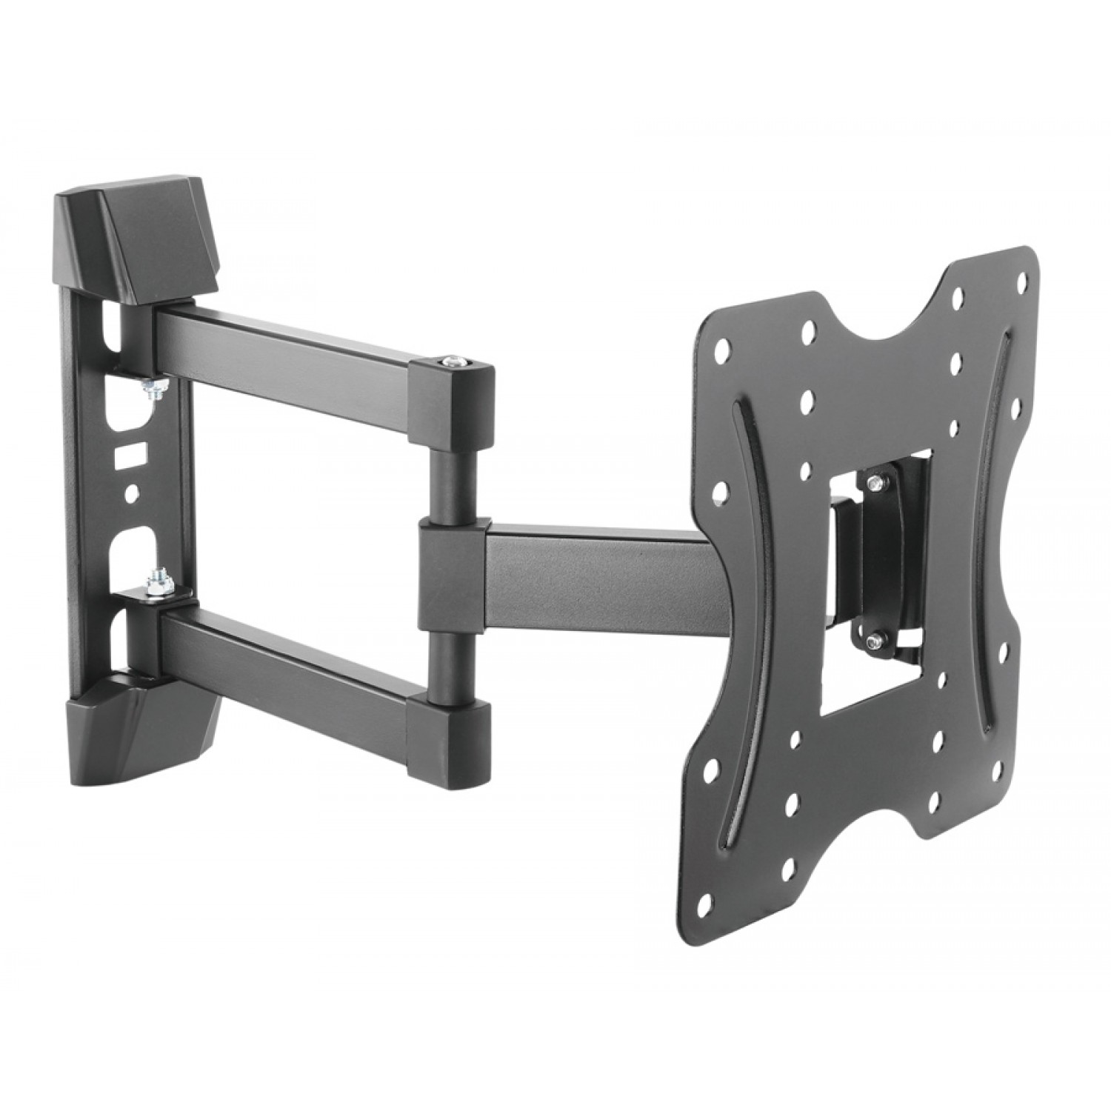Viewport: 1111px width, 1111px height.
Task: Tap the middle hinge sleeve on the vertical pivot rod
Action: pos(450,556)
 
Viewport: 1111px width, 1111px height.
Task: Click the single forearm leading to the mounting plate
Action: pos(593,563)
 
